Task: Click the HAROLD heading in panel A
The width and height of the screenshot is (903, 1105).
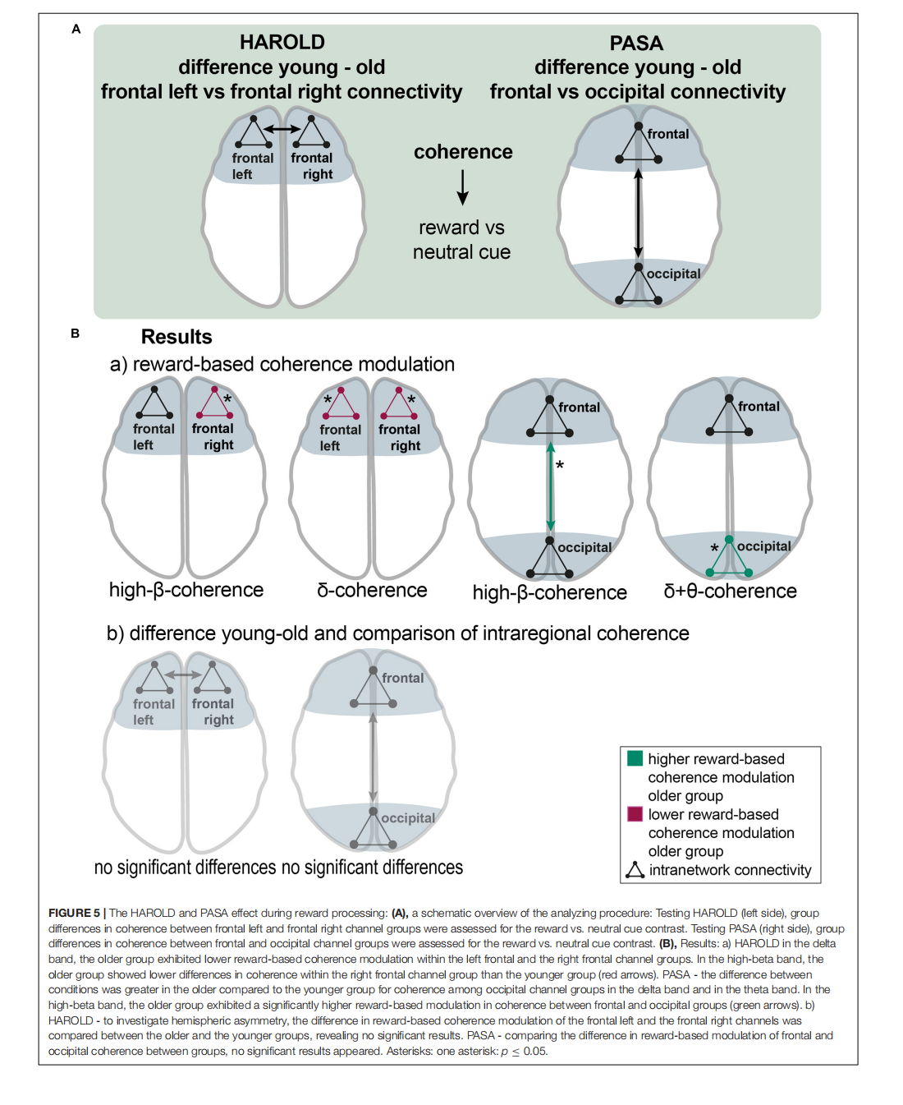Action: (x=282, y=42)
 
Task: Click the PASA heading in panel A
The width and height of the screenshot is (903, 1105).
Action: (x=636, y=43)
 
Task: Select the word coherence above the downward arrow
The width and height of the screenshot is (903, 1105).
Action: (x=463, y=152)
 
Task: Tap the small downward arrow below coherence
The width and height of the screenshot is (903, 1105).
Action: (x=463, y=188)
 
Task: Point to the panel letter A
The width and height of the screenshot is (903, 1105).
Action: (x=76, y=30)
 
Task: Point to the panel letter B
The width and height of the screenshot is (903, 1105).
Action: (x=76, y=334)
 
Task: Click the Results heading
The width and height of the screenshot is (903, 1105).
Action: (x=176, y=337)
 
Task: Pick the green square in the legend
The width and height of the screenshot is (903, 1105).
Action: (x=635, y=758)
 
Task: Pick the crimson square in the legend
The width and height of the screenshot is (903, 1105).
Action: (x=635, y=814)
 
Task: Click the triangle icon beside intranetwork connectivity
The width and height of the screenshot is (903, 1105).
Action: (x=635, y=870)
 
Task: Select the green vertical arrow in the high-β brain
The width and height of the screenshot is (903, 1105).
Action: (x=551, y=487)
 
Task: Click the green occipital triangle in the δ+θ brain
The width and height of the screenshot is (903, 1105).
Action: (x=729, y=560)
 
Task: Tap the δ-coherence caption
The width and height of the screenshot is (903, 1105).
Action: (x=372, y=591)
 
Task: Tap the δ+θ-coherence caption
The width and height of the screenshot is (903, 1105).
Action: (x=730, y=592)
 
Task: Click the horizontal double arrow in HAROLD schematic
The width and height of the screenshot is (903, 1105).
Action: (x=282, y=130)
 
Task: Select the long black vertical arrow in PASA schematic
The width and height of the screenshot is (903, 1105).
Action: (x=638, y=213)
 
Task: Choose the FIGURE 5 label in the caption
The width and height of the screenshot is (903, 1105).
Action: (x=74, y=913)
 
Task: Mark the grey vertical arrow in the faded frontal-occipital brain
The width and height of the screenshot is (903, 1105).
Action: (x=374, y=757)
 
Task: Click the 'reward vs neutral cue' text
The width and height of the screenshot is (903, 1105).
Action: (x=461, y=240)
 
